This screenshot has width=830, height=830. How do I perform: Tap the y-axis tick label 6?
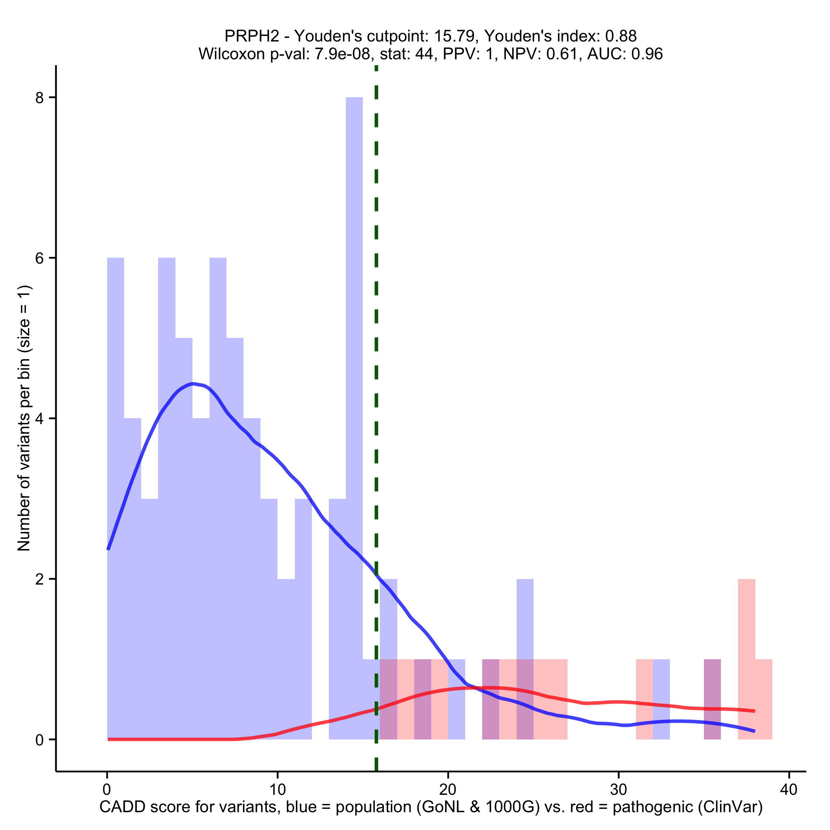click(x=40, y=258)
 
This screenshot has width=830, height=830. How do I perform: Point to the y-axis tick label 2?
click(x=40, y=579)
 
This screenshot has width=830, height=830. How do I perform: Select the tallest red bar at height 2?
click(x=746, y=644)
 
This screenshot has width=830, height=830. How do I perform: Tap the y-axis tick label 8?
click(x=40, y=98)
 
